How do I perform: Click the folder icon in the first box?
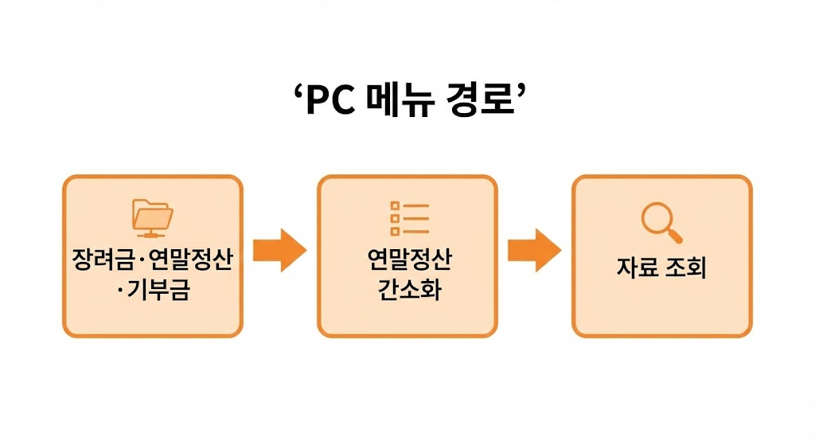[153, 217]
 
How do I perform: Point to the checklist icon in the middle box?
[408, 218]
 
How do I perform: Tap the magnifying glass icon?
[661, 221]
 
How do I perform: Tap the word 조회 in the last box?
[687, 267]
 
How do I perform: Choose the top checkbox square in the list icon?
[394, 205]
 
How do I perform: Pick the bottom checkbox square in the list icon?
[394, 231]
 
